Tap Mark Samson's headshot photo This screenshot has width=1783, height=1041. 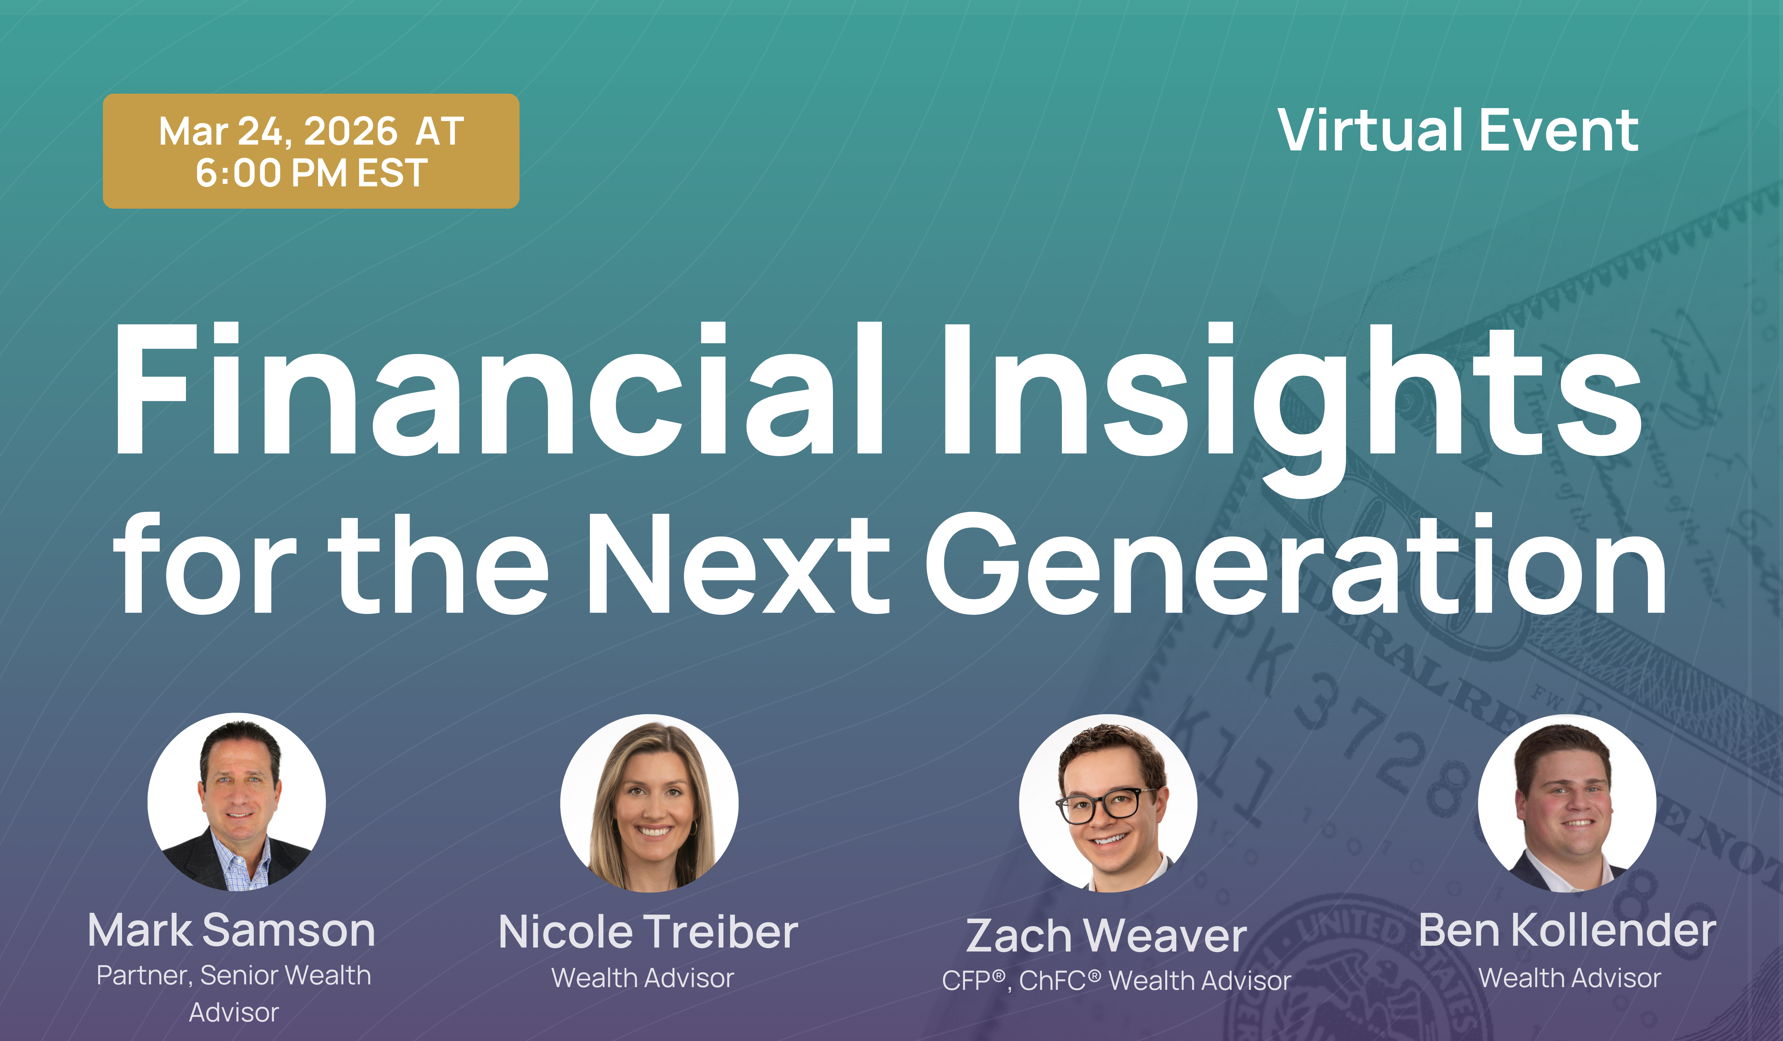point(236,802)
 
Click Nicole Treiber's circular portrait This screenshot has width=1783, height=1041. point(649,803)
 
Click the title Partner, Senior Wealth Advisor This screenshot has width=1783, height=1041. point(233,993)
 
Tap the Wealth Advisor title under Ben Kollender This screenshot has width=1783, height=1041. point(1569,978)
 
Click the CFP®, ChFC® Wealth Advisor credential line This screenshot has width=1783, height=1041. point(1116,981)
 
